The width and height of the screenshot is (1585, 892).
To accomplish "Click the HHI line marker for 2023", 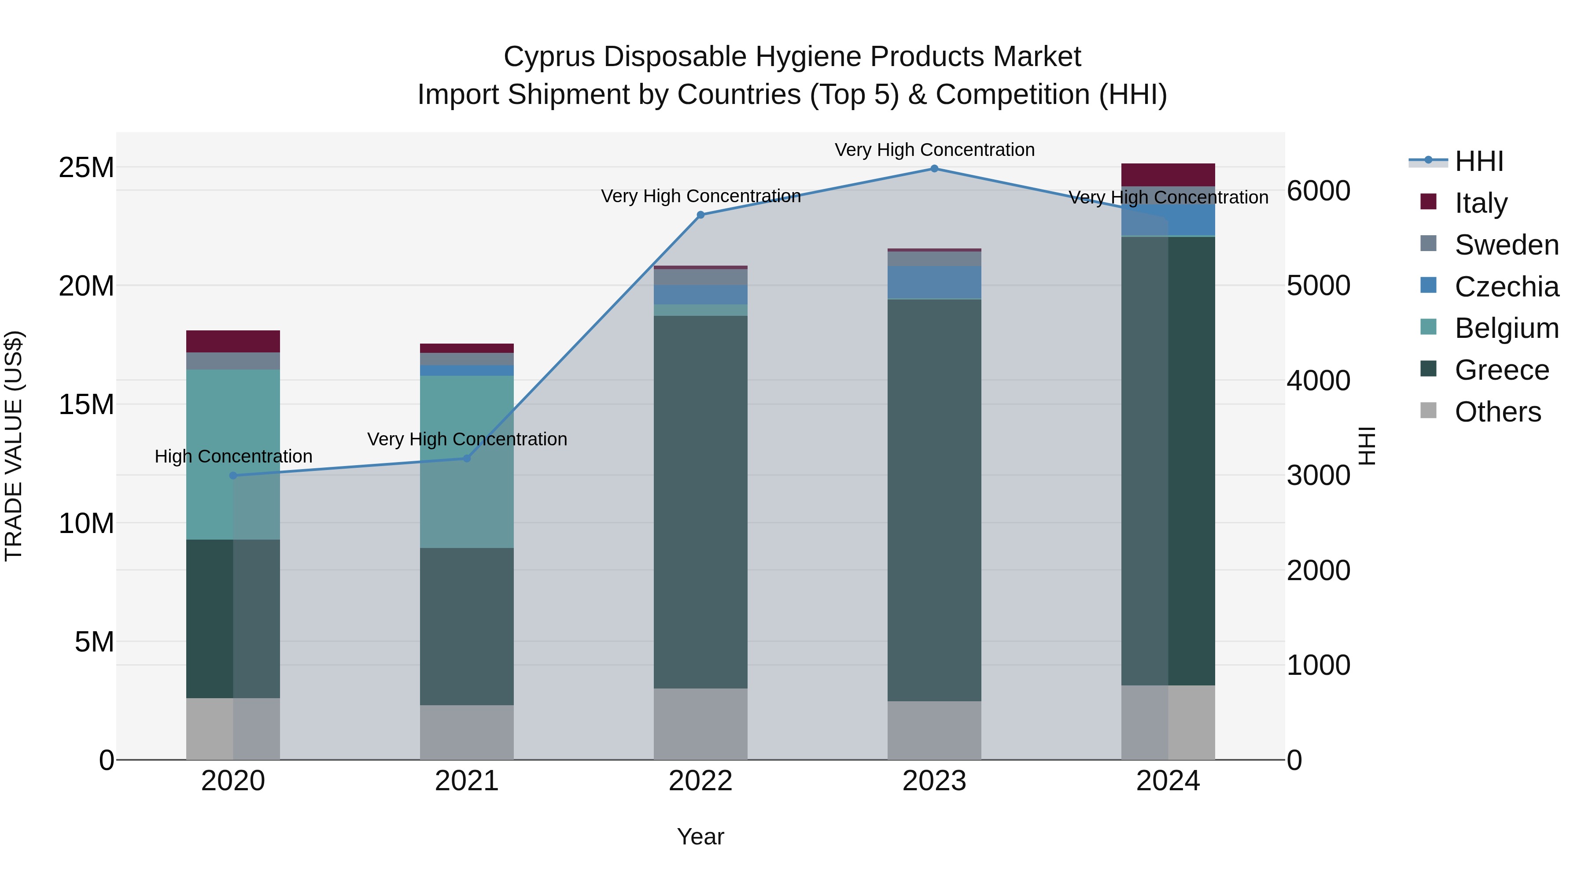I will (934, 169).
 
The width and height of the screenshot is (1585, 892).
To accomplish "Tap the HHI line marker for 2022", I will (700, 215).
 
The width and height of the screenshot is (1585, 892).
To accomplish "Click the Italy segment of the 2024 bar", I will (1168, 175).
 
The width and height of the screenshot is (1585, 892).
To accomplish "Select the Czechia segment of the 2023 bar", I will (934, 282).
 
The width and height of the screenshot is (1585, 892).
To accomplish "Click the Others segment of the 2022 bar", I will (700, 724).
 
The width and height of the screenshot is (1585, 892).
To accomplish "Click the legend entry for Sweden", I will (1506, 244).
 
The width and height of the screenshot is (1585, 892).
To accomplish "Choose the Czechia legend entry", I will (1506, 286).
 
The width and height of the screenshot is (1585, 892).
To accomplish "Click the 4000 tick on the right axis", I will (1318, 381).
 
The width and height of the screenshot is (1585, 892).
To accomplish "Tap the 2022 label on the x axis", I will (700, 781).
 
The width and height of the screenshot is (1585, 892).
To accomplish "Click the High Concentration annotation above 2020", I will (233, 456).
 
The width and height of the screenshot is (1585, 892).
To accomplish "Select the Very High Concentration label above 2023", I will (934, 150).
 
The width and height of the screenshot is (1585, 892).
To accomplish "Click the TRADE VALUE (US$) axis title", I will (14, 446).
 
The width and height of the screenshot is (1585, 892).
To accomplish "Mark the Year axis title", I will (700, 836).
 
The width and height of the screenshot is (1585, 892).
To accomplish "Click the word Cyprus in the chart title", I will (549, 57).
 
